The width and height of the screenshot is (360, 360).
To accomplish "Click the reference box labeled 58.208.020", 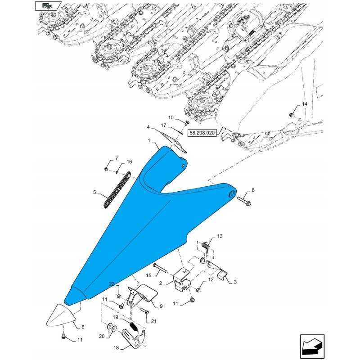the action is coord(202,133).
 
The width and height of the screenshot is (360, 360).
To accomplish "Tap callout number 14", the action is coord(305,104).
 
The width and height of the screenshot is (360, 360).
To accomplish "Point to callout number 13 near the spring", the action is coord(220,236).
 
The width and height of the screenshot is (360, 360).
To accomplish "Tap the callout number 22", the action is coord(112,284).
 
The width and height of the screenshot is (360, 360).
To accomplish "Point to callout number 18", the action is coord(116,347).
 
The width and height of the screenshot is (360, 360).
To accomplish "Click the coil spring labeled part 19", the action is coord(133,327).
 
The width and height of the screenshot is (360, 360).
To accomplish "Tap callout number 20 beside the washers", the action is coord(102,336).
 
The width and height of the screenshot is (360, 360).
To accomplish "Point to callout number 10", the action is coord(171,117).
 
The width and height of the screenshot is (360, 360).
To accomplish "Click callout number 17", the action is coord(163,126).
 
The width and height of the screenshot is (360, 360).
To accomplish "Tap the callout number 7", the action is coord(117,158).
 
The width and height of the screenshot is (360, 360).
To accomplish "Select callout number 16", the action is coord(129,162).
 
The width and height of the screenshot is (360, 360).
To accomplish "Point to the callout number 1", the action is coord(149,140).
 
